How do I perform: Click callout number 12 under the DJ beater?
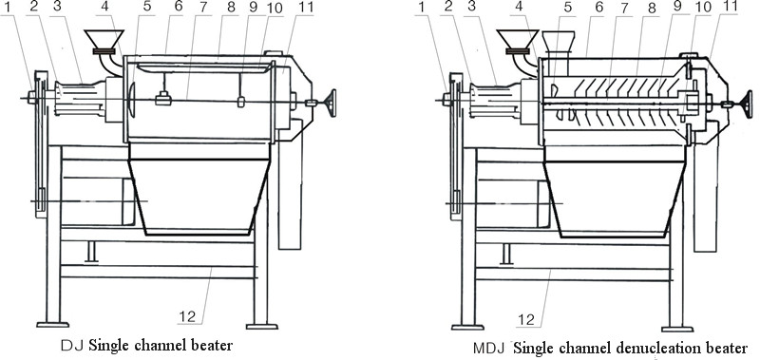pyautogui.click(x=187, y=316)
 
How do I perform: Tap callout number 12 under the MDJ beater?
pyautogui.click(x=527, y=319)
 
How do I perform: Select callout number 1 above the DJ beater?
pyautogui.click(x=7, y=8)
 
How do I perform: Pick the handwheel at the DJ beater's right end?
pyautogui.click(x=332, y=103)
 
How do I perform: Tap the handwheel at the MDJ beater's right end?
pyautogui.click(x=748, y=104)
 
